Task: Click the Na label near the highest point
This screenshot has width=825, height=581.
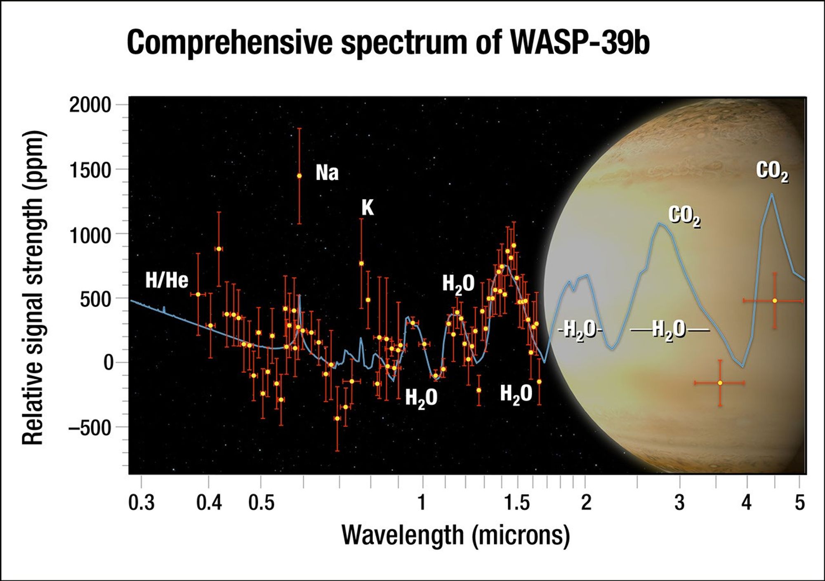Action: (x=327, y=172)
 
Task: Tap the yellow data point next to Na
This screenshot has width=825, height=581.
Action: (x=299, y=176)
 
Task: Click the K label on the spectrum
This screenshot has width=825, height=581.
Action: (x=367, y=207)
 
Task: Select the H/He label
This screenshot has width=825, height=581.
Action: (x=167, y=280)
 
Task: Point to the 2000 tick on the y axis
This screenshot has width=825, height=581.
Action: (x=90, y=105)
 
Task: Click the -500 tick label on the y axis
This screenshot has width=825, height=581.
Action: (x=90, y=428)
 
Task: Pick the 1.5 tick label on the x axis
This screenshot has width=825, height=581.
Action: (x=517, y=503)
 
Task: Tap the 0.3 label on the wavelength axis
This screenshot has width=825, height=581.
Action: (x=141, y=503)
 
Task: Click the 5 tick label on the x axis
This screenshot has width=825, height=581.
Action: (x=800, y=503)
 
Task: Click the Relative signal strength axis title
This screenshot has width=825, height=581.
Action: (x=33, y=287)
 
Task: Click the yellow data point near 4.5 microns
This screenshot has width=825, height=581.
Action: (x=774, y=301)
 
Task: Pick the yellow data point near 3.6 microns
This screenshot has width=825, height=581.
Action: (x=720, y=383)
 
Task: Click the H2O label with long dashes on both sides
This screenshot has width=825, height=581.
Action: (x=669, y=329)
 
